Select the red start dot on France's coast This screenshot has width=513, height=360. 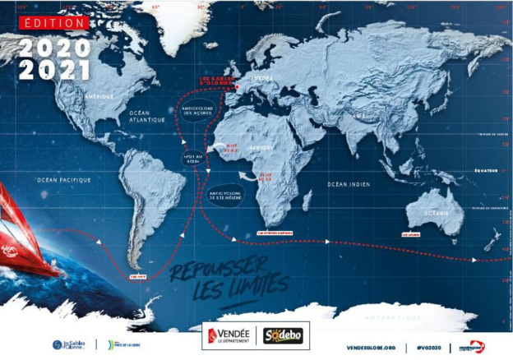tap(235, 87)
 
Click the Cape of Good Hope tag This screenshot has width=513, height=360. tap(275, 233)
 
